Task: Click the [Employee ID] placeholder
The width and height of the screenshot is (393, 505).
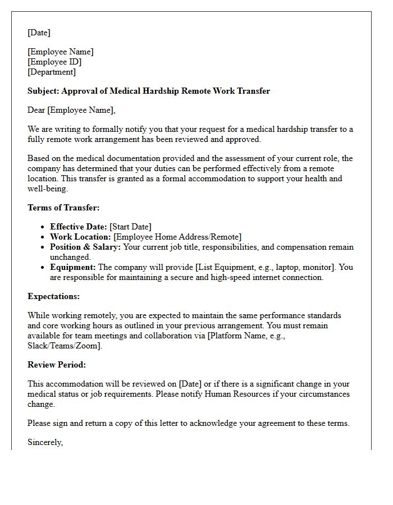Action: click(54, 62)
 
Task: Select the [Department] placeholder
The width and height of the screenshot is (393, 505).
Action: click(52, 72)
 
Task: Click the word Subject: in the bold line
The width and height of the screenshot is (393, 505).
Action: click(43, 91)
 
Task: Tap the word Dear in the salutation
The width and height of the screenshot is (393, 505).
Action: click(36, 110)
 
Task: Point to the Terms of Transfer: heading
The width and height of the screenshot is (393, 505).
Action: click(63, 208)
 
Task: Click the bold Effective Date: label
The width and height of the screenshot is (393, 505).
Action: click(79, 227)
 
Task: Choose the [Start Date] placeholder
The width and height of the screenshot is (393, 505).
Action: click(130, 227)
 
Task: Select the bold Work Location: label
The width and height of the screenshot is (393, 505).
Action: click(80, 237)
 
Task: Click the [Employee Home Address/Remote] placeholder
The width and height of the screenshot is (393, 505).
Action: click(177, 237)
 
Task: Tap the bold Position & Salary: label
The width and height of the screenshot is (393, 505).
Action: click(85, 247)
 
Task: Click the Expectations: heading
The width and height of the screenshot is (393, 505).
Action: click(54, 296)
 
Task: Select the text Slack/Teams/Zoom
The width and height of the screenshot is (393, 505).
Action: click(63, 346)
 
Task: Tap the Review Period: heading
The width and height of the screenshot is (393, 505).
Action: click(57, 365)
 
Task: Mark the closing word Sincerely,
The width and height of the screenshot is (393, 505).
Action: click(45, 442)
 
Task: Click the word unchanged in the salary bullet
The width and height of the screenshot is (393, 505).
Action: click(70, 257)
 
